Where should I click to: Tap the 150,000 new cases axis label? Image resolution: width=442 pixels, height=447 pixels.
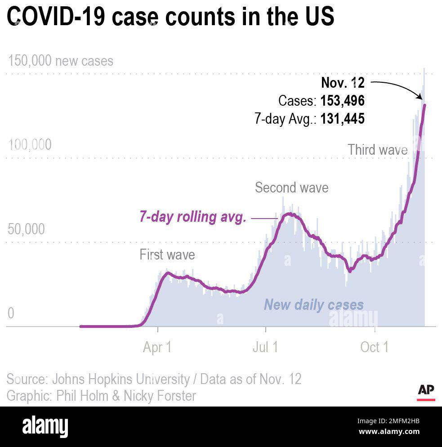point(60,61)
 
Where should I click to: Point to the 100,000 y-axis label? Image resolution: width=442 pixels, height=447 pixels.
point(30,145)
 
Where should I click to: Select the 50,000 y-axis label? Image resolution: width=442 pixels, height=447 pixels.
point(27,229)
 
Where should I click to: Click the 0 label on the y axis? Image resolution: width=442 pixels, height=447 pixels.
point(11,313)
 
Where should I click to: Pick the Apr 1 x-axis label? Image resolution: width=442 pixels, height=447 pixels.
point(157,347)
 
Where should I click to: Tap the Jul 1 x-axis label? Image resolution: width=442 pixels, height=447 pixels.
point(266,347)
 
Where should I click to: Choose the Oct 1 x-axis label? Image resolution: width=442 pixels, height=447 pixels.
point(374,347)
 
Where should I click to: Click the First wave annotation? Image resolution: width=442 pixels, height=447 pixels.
point(167,255)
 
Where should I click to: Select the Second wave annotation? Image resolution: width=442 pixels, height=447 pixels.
point(291,187)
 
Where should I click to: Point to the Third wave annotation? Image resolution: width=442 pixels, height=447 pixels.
point(377,150)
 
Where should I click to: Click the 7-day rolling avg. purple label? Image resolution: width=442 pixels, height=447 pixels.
point(192,217)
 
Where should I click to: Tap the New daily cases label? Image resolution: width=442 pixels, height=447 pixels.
point(313,304)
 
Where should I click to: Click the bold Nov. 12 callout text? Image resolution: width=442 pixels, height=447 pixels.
point(343,83)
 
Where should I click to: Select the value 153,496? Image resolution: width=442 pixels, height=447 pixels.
point(342,101)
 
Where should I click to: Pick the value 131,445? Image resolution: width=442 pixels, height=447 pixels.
point(342,119)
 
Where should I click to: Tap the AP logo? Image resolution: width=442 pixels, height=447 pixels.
point(426,391)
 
